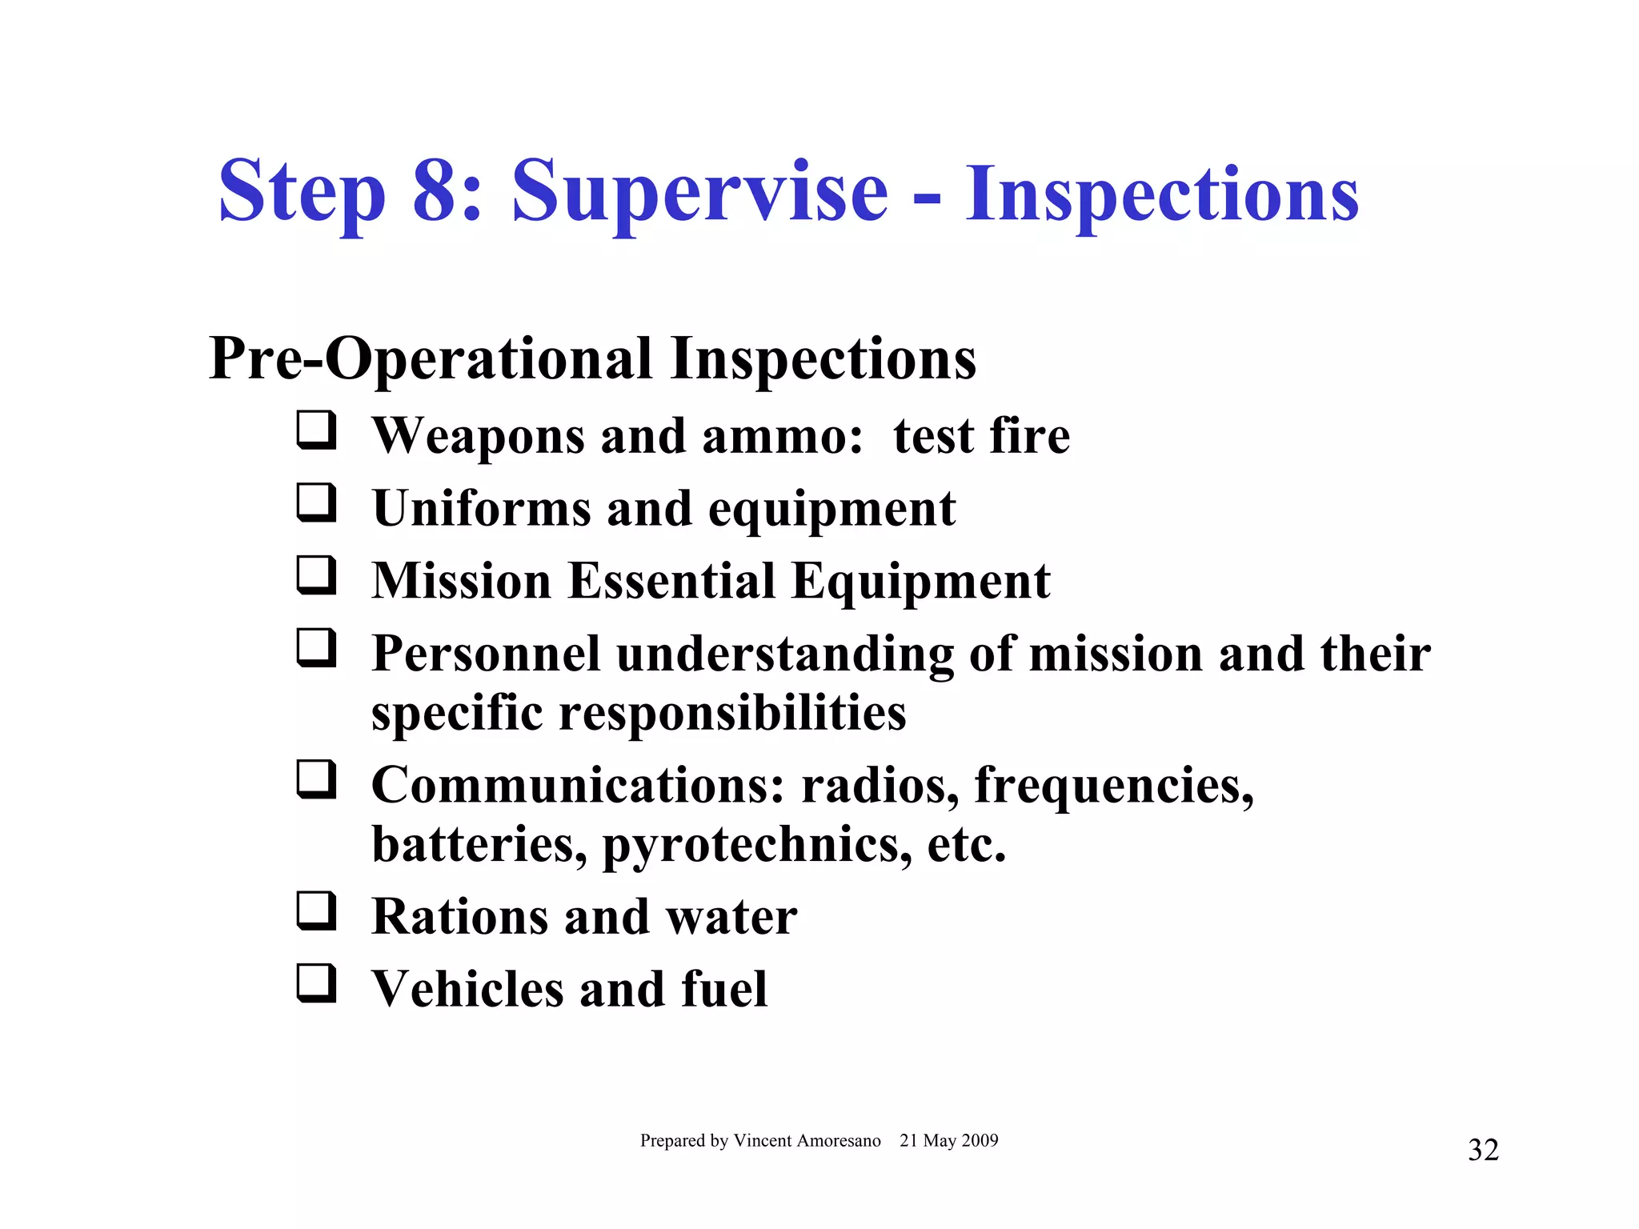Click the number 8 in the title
[x=438, y=191]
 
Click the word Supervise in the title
[x=699, y=193]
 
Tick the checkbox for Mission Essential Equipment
[x=316, y=575]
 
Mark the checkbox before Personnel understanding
[x=316, y=647]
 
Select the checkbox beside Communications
[x=316, y=779]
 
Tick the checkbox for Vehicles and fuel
[x=316, y=983]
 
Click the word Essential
[x=671, y=581]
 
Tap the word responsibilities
[x=732, y=713]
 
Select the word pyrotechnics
[x=756, y=845]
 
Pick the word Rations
[x=459, y=917]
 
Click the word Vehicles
[x=468, y=990]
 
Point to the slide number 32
[x=1483, y=1150]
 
